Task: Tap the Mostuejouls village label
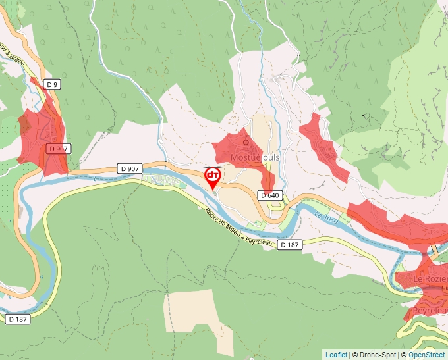pos(255,158)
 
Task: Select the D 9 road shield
pos(53,84)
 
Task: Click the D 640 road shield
pos(270,195)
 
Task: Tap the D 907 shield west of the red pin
pos(129,169)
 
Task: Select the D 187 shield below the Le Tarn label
pos(289,245)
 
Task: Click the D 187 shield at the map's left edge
pos(18,319)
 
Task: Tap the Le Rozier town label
pos(430,279)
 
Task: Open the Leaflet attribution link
pos(336,355)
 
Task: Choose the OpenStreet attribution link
pos(427,355)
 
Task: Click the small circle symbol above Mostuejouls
pos(246,140)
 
